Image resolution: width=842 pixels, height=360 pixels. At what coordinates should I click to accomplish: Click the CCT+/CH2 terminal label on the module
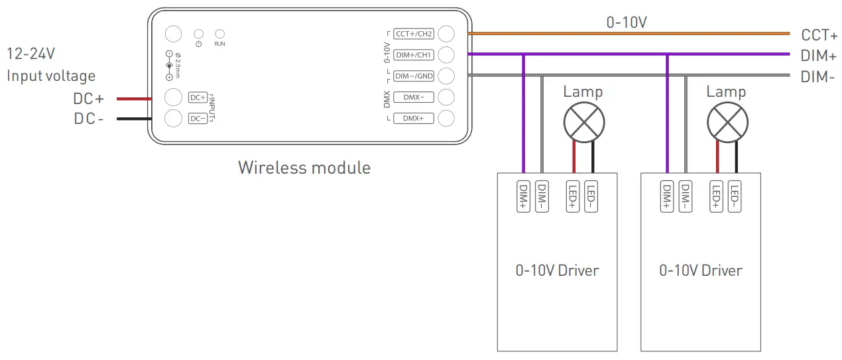pyautogui.click(x=414, y=34)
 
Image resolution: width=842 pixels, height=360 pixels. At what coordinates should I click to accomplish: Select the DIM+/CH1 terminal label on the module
pyautogui.click(x=414, y=55)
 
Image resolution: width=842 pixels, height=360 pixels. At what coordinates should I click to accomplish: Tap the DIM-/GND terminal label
pyautogui.click(x=414, y=76)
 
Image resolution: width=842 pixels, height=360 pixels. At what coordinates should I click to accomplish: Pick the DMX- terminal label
pyautogui.click(x=414, y=97)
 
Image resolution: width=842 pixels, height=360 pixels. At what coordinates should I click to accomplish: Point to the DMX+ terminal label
pyautogui.click(x=414, y=119)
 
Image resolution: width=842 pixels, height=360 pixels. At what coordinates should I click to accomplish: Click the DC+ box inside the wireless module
pyautogui.click(x=198, y=97)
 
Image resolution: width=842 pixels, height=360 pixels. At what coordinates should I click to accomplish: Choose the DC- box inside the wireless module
pyautogui.click(x=198, y=119)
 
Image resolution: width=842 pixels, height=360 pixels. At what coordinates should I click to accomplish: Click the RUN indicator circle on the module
pyautogui.click(x=220, y=33)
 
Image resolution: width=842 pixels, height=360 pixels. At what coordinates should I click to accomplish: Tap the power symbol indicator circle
pyautogui.click(x=198, y=33)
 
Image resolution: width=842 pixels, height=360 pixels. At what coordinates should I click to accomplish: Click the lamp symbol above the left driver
pyautogui.click(x=583, y=123)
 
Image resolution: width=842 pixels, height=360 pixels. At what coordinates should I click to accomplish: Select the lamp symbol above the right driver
pyautogui.click(x=727, y=123)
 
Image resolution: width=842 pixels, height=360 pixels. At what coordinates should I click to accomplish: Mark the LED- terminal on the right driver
pyautogui.click(x=735, y=196)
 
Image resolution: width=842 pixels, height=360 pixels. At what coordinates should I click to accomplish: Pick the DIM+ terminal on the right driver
pyautogui.click(x=667, y=196)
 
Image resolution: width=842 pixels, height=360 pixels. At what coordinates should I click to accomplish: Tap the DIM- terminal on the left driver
pyautogui.click(x=542, y=196)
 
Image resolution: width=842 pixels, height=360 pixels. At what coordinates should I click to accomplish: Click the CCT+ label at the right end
pyautogui.click(x=819, y=34)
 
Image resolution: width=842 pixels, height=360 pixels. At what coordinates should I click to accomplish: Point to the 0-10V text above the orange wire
pyautogui.click(x=627, y=22)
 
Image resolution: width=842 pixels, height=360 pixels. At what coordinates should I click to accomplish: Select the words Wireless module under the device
pyautogui.click(x=304, y=167)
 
